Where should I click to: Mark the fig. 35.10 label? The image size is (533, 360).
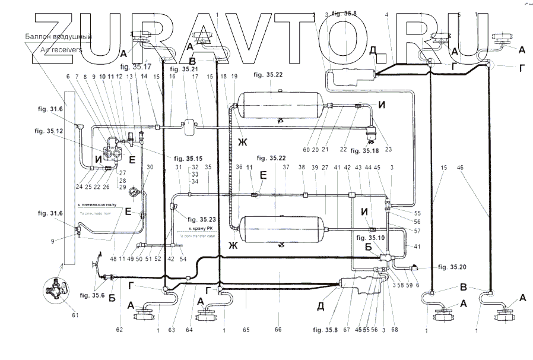pyautogui.click(x=369, y=237)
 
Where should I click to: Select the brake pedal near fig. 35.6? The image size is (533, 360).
pyautogui.click(x=96, y=268)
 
